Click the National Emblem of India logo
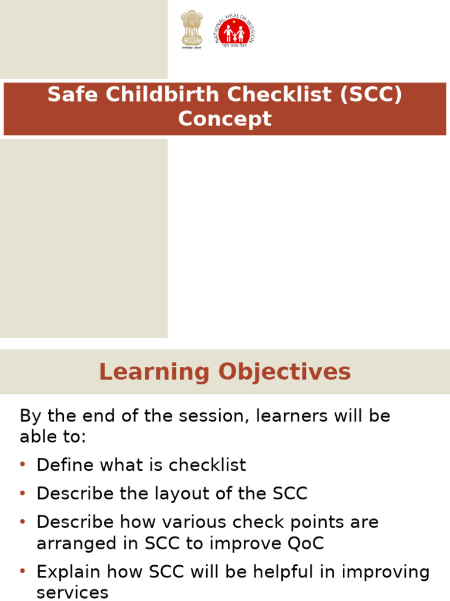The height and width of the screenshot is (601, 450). pos(192,29)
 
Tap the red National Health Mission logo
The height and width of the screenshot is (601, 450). pos(234,31)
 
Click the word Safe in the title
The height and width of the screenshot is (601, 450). pos(66,94)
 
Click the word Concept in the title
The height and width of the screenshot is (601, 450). pos(225,119)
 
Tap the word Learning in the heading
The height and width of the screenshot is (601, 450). pos(154,372)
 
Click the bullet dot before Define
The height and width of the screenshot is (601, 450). pos(23,465)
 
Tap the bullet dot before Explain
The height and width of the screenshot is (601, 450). pos(23,571)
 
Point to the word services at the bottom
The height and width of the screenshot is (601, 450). pos(72,592)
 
